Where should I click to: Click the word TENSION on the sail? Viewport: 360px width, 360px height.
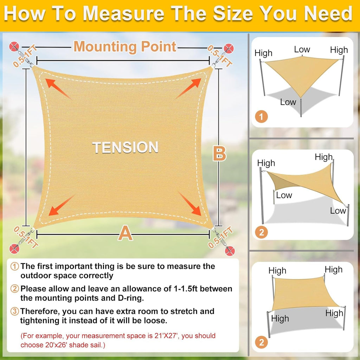125,147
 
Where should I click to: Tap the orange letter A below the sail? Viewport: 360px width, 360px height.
126,233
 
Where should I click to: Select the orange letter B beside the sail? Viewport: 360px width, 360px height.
220,154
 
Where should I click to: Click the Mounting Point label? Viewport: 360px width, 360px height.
125,46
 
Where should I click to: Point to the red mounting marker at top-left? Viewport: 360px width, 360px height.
15,46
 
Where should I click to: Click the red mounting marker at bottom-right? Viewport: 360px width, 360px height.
230,251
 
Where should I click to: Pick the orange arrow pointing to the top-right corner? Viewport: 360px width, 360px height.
189,88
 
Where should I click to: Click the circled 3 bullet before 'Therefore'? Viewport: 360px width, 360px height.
15,311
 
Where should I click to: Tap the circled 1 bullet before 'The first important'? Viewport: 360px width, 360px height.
15,266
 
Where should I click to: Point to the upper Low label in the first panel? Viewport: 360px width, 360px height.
302,50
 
